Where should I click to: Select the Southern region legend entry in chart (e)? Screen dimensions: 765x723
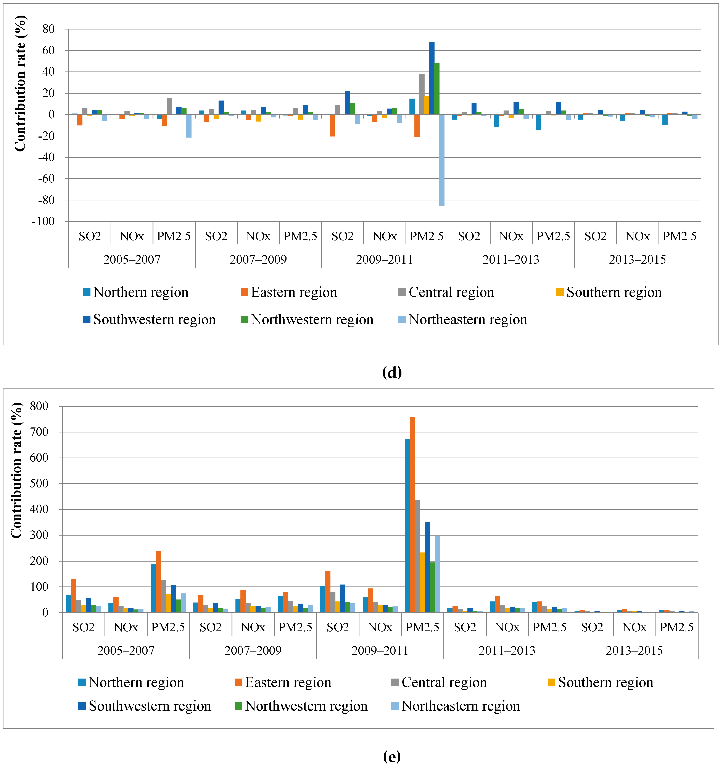click(x=601, y=682)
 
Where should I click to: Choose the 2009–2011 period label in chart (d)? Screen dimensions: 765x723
click(x=384, y=259)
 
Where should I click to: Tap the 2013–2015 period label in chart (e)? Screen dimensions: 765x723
click(x=634, y=650)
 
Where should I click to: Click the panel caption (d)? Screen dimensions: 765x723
click(x=391, y=372)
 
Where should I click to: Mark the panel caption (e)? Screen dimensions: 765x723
click(x=391, y=756)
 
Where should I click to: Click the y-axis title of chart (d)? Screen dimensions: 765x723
click(x=20, y=83)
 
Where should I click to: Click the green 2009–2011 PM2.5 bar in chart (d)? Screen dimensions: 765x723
click(x=437, y=89)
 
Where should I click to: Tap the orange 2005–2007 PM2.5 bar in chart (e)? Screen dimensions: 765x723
click(x=158, y=581)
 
